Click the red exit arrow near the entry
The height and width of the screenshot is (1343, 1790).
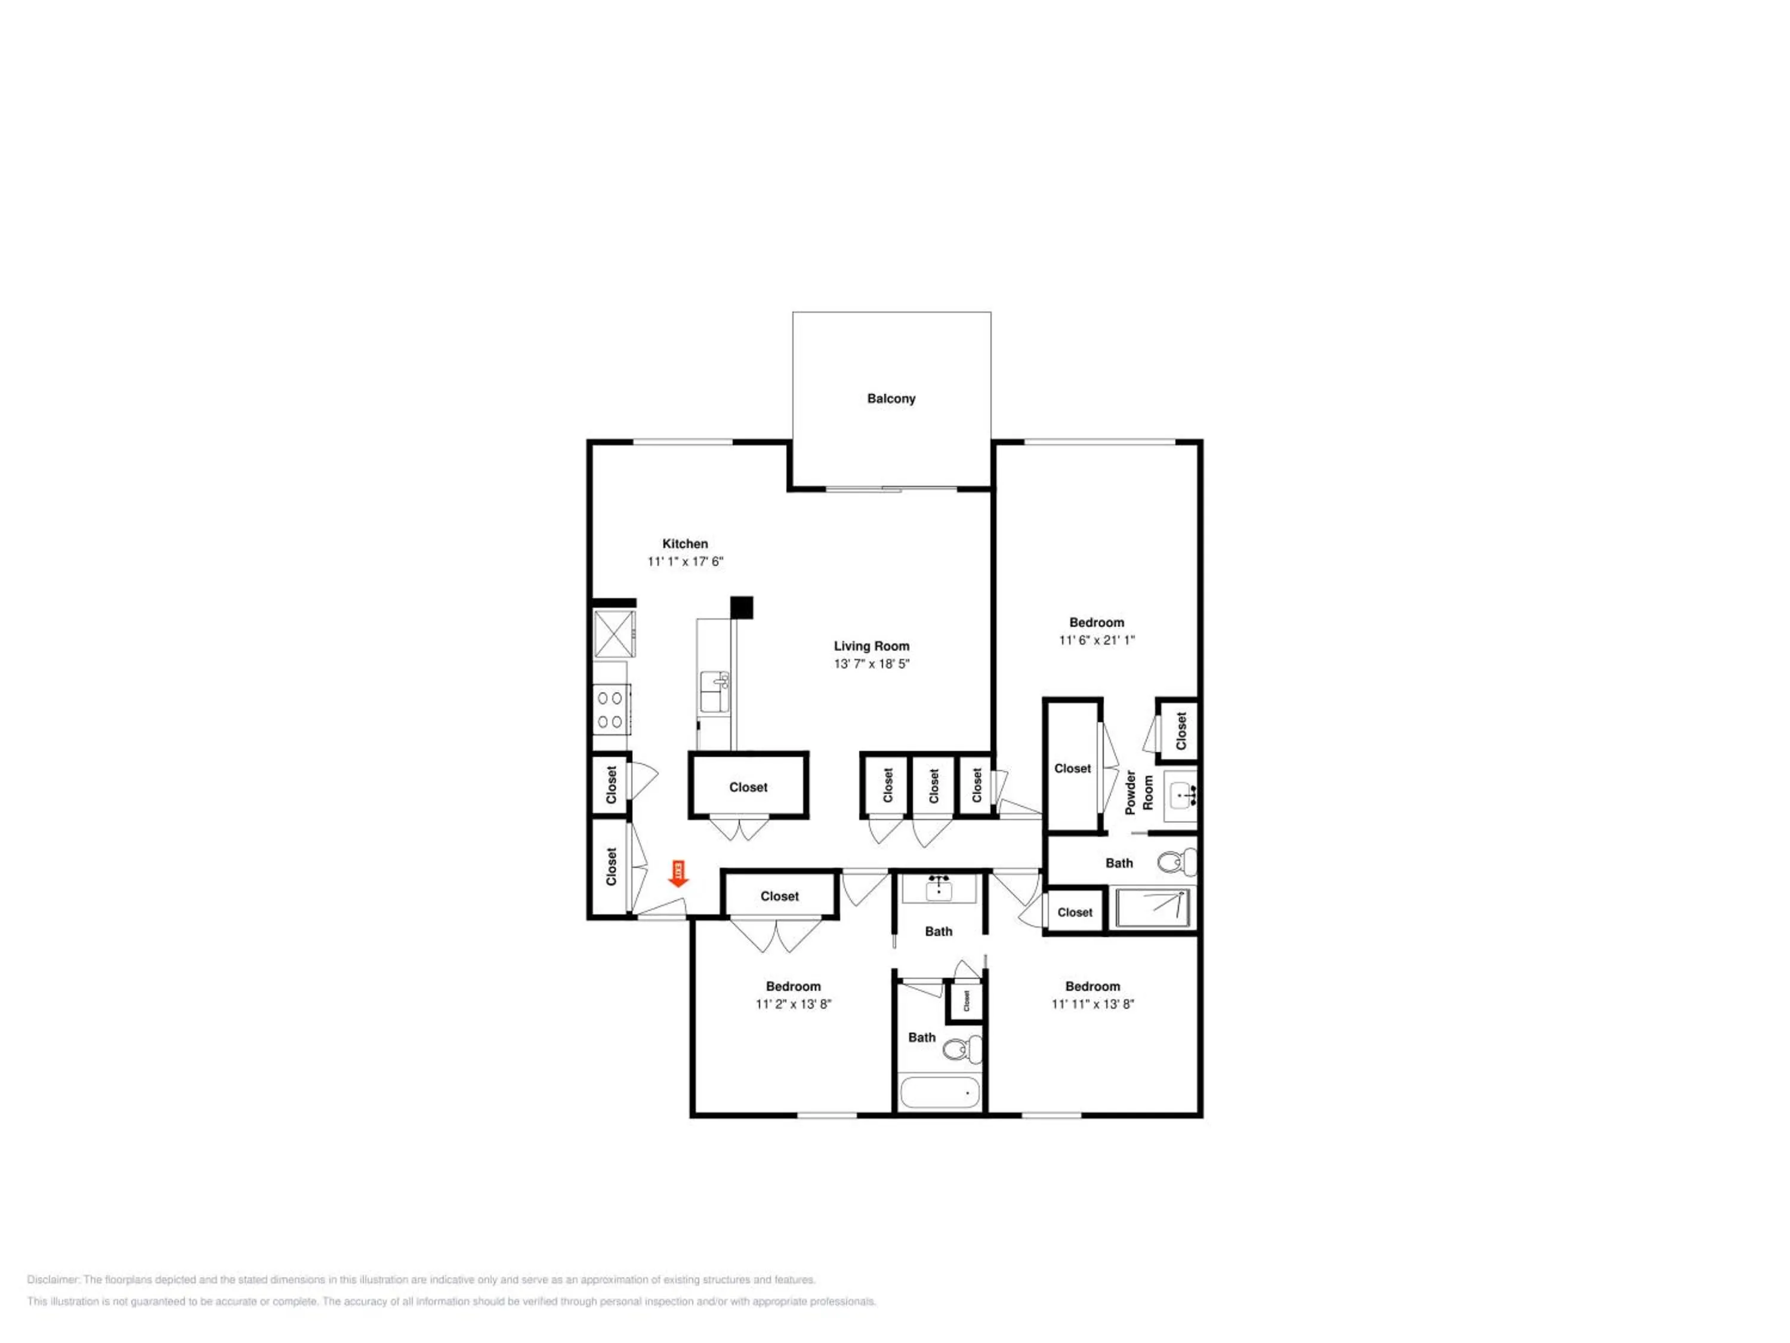click(x=678, y=873)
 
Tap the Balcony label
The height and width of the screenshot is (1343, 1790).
click(x=891, y=398)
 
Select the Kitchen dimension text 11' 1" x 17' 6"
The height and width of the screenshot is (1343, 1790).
click(x=684, y=561)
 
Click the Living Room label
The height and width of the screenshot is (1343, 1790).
click(x=872, y=646)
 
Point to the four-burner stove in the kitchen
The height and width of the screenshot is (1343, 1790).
click(x=612, y=709)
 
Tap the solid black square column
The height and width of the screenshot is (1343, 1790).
click(x=741, y=607)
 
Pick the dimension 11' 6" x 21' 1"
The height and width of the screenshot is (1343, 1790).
click(x=1097, y=639)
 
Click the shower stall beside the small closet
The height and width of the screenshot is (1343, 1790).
click(x=1152, y=907)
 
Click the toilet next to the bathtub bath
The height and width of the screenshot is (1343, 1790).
click(x=962, y=1050)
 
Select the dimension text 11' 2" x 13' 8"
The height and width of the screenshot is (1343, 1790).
click(x=793, y=1004)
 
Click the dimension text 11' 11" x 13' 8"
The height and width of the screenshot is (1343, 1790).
click(x=1092, y=1004)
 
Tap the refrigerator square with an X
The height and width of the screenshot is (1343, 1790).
click(x=614, y=634)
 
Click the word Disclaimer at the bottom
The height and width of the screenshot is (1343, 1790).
click(x=54, y=1280)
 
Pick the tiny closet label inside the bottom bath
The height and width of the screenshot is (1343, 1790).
click(x=966, y=1002)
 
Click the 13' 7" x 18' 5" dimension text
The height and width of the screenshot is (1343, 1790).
click(x=872, y=664)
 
